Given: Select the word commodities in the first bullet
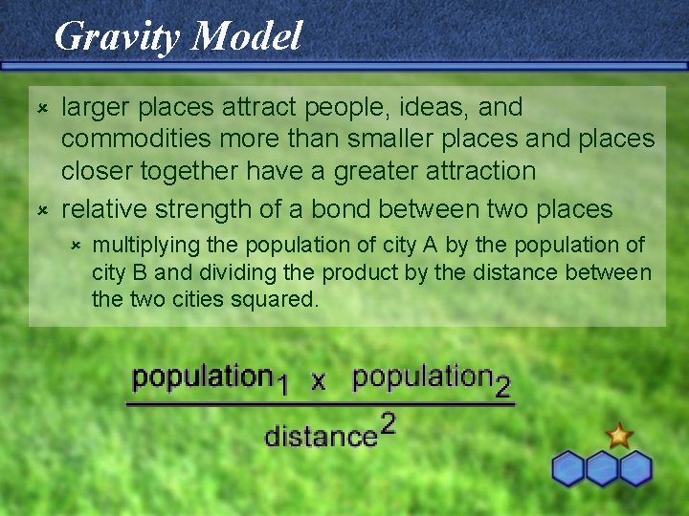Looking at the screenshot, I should [x=137, y=140].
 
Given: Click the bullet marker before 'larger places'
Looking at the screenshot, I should [x=42, y=102].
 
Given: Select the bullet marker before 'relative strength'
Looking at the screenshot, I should [x=42, y=207].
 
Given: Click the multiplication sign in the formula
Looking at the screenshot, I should [x=319, y=381].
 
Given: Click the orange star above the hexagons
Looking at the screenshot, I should [x=619, y=436].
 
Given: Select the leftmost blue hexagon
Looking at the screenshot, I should [x=569, y=468].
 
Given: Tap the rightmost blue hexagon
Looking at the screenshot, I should [x=634, y=468].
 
